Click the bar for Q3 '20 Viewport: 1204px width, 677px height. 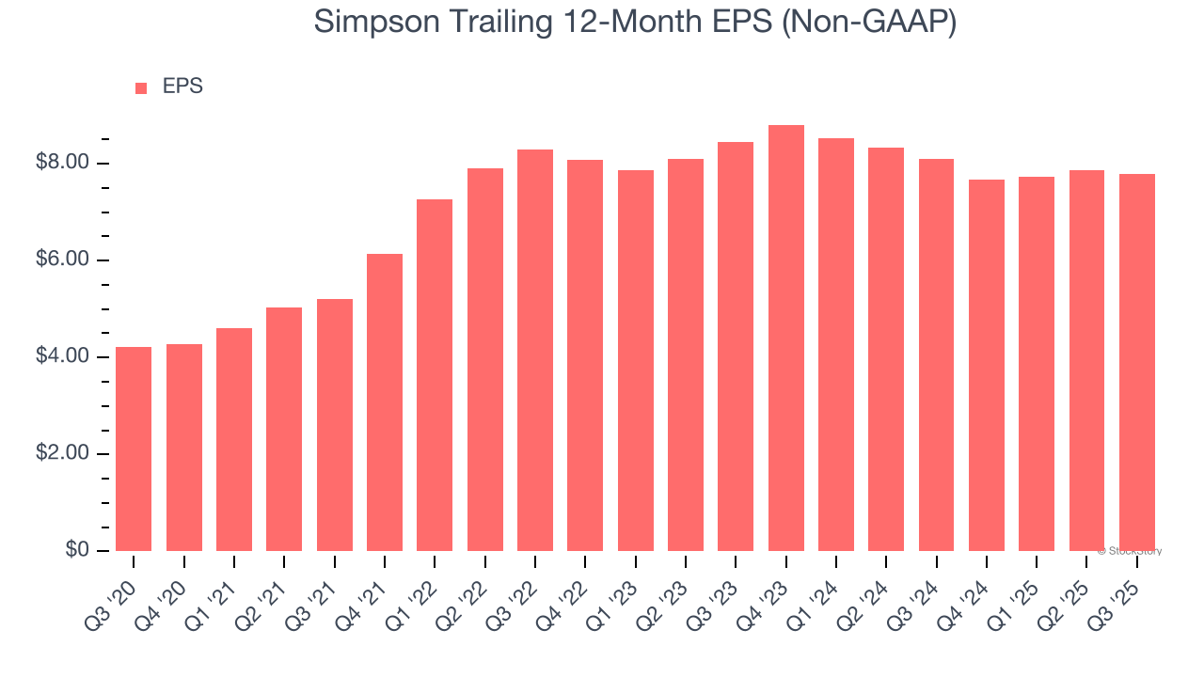click(134, 449)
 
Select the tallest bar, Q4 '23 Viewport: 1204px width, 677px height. click(786, 338)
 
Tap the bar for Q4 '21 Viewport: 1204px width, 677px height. click(385, 402)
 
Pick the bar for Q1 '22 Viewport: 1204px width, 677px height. click(435, 375)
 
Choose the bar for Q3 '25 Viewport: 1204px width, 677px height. click(1137, 362)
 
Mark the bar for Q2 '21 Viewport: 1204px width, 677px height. click(284, 429)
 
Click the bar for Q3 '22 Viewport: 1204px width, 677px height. click(535, 350)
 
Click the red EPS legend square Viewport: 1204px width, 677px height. click(141, 88)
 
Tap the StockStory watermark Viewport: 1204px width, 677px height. click(1130, 552)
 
